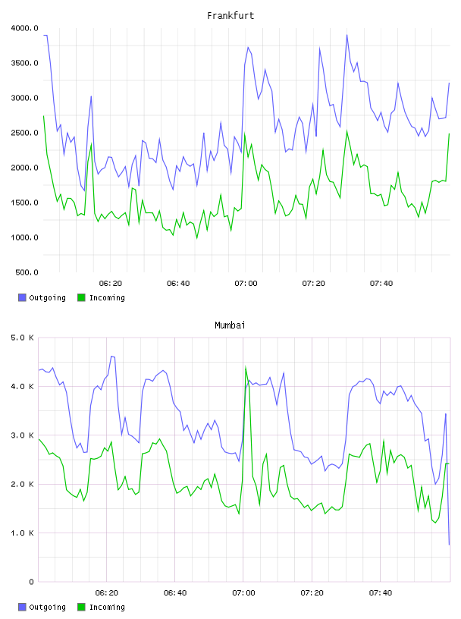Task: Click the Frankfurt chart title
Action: click(x=230, y=16)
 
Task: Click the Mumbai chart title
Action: click(x=230, y=325)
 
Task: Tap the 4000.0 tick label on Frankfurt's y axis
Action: click(x=24, y=28)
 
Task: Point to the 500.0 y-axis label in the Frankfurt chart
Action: click(x=27, y=272)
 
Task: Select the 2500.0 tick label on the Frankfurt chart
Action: click(x=24, y=133)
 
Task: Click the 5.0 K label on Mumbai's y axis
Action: click(x=22, y=338)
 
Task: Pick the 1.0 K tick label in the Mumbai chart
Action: click(x=22, y=533)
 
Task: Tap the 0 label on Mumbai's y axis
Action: click(x=31, y=582)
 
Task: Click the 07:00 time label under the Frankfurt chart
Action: click(x=246, y=284)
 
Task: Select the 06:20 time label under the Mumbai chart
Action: click(x=107, y=593)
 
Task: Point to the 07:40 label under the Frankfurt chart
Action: click(x=381, y=284)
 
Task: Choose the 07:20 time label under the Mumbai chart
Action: click(x=312, y=593)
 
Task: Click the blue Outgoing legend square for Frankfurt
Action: click(x=22, y=297)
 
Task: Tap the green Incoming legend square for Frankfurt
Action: click(x=81, y=297)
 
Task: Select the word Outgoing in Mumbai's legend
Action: click(x=47, y=607)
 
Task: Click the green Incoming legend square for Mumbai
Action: click(x=81, y=607)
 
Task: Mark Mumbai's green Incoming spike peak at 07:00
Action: click(x=246, y=366)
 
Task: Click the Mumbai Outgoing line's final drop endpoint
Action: click(x=449, y=545)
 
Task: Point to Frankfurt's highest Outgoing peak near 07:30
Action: click(x=347, y=35)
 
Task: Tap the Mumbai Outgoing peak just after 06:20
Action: click(x=112, y=356)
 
